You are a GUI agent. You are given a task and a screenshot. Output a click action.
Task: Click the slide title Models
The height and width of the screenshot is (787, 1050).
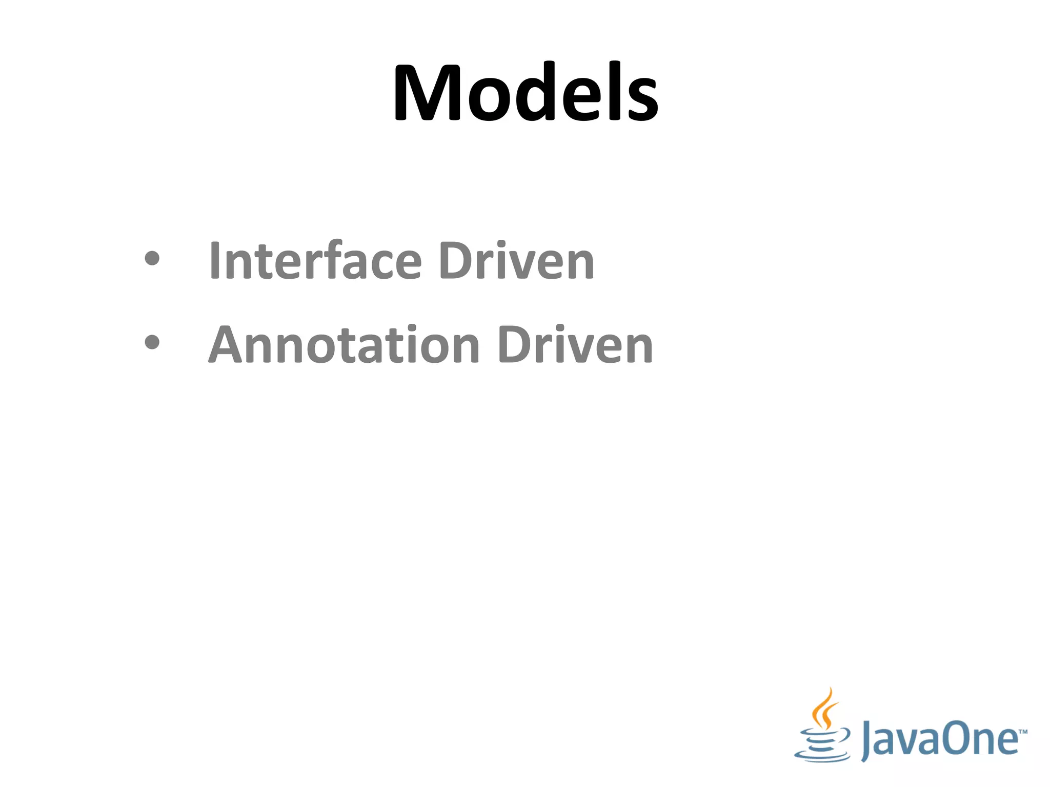tap(526, 92)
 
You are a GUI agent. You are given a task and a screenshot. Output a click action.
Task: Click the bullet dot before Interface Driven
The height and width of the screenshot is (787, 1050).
tap(152, 258)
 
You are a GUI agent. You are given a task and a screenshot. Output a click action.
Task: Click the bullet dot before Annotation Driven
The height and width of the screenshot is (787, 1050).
tap(152, 342)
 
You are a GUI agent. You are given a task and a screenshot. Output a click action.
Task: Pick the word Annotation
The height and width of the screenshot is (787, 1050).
tap(344, 345)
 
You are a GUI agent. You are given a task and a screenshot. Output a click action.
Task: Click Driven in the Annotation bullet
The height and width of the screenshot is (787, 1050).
tap(575, 345)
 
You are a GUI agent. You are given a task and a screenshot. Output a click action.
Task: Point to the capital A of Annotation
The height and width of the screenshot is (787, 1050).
tap(227, 345)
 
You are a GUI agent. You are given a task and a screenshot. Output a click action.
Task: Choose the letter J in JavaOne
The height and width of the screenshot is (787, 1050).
tap(867, 741)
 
